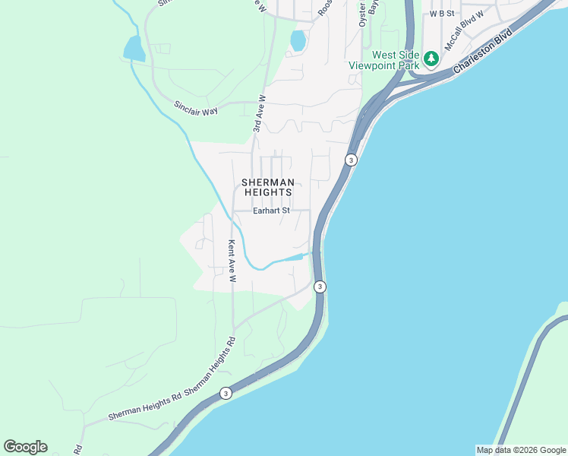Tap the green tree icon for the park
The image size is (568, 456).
click(431, 58)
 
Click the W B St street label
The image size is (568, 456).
click(441, 14)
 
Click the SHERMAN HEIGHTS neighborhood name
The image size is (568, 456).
click(267, 188)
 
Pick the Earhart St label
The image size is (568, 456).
click(273, 211)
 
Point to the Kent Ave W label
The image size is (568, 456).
click(232, 261)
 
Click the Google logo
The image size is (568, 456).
click(25, 447)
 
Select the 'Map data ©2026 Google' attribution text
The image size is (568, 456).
click(521, 450)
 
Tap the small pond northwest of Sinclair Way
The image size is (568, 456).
click(134, 49)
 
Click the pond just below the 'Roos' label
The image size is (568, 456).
click(298, 40)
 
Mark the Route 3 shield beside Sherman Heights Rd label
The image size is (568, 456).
click(226, 393)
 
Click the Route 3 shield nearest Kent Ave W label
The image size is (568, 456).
click(320, 287)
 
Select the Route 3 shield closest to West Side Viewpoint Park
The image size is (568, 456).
click(350, 160)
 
